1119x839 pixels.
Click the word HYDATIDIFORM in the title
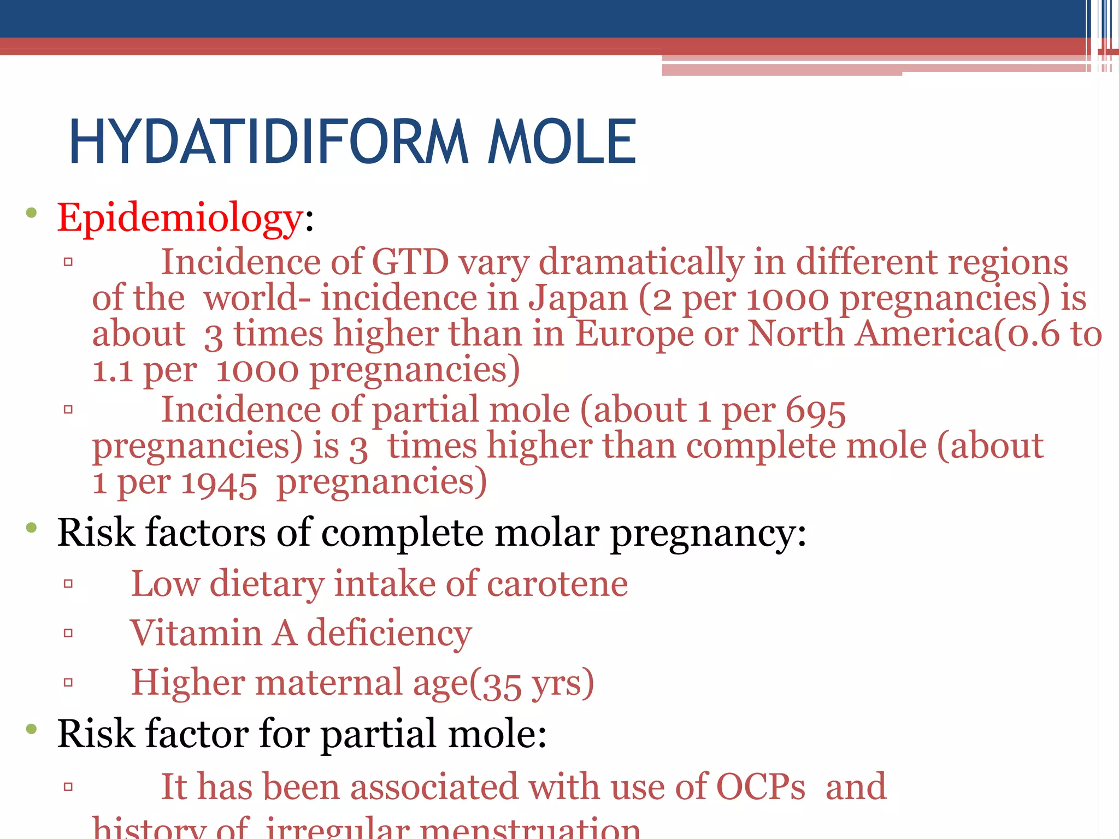pos(268,142)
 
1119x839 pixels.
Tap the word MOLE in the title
pos(562,142)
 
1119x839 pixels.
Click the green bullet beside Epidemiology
pos(31,213)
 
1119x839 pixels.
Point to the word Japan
pos(578,299)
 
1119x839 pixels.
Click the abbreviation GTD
pos(410,262)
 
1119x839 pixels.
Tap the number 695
pos(815,410)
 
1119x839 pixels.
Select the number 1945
pos(219,483)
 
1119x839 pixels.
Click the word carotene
pos(557,584)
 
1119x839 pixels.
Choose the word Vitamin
pos(196,634)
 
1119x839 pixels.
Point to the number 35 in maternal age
pos(502,684)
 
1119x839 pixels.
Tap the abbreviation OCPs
pos(761,788)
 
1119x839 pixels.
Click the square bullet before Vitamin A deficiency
pos(68,634)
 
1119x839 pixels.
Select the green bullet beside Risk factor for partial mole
pos(31,729)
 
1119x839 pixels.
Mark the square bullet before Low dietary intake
pos(68,584)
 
